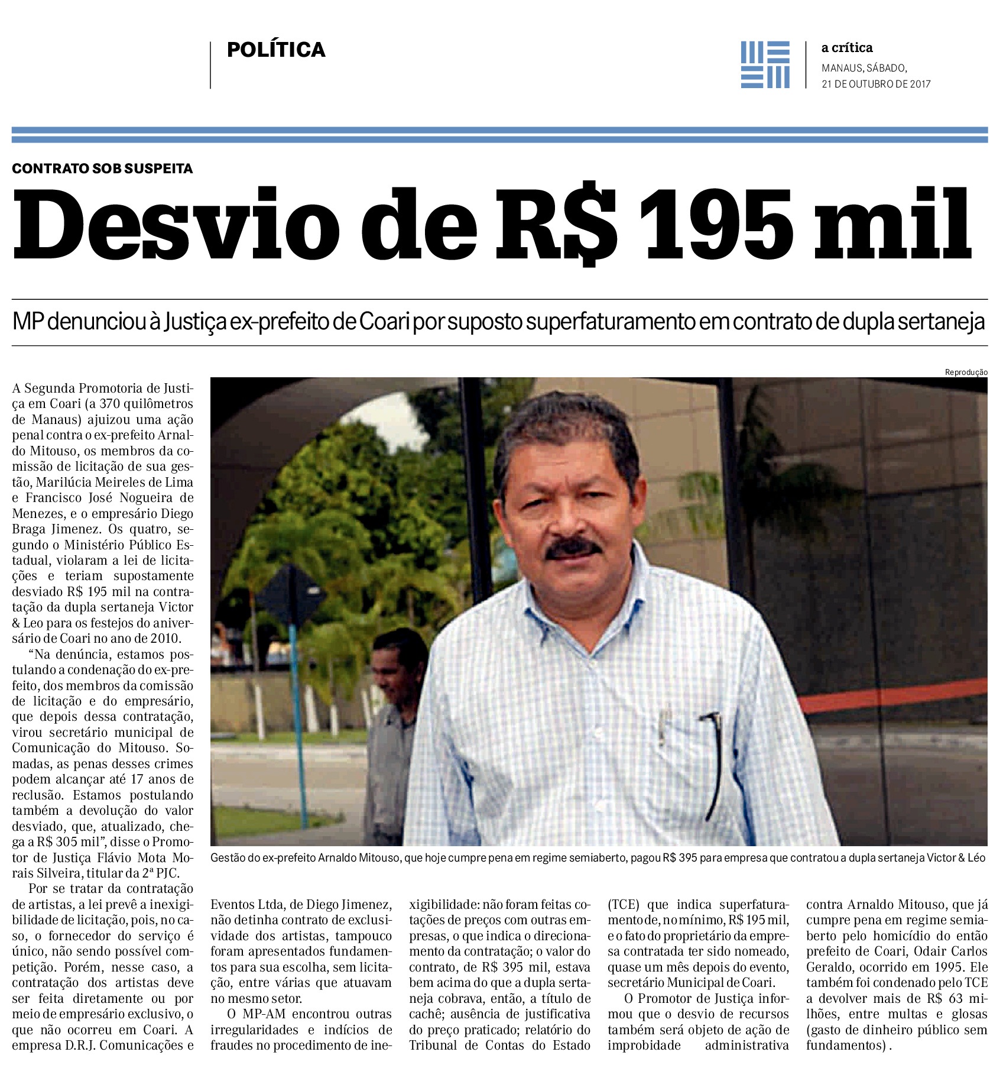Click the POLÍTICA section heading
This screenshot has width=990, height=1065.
point(276,50)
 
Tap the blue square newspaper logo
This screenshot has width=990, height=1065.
point(765,64)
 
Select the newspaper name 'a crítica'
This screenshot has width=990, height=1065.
point(846,48)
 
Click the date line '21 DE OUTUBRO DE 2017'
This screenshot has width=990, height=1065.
point(876,84)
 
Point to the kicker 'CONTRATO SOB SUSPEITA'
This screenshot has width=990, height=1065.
point(102,169)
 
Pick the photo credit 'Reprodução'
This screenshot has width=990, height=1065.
point(966,372)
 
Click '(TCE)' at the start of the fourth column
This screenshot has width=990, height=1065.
point(625,905)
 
